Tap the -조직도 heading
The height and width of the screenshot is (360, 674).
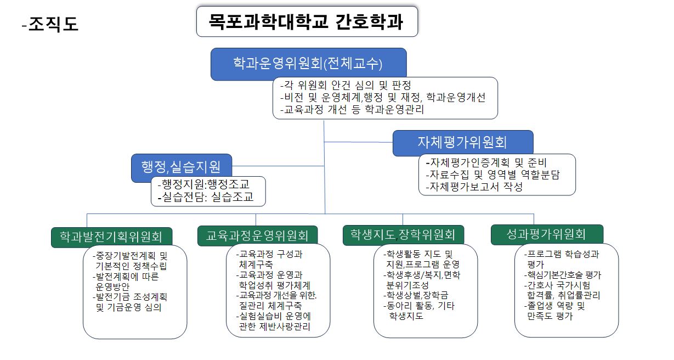[50, 24]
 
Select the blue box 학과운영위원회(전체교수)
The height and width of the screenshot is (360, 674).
[308, 64]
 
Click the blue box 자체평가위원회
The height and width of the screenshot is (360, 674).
[463, 143]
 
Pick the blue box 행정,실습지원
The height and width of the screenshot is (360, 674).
[182, 167]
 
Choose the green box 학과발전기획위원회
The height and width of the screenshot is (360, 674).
[112, 237]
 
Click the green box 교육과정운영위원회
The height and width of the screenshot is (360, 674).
[258, 235]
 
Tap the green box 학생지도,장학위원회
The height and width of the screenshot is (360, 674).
[403, 235]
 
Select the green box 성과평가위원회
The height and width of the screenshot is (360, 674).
[547, 234]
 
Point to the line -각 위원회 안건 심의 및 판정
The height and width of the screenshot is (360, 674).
[346, 86]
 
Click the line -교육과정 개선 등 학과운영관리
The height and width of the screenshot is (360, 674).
[352, 110]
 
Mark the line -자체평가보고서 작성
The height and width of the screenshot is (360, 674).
[474, 187]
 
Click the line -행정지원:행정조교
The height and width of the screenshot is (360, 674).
[203, 184]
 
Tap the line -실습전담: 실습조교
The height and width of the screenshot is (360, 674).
[206, 197]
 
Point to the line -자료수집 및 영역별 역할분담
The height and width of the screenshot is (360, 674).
[492, 175]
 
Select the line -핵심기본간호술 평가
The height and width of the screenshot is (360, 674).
[562, 275]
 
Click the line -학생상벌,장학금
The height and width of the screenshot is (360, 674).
[416, 295]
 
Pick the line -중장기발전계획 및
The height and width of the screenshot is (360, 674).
[130, 256]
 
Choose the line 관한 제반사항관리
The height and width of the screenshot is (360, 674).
[274, 327]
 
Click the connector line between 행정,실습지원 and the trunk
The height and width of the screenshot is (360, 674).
[278, 166]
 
